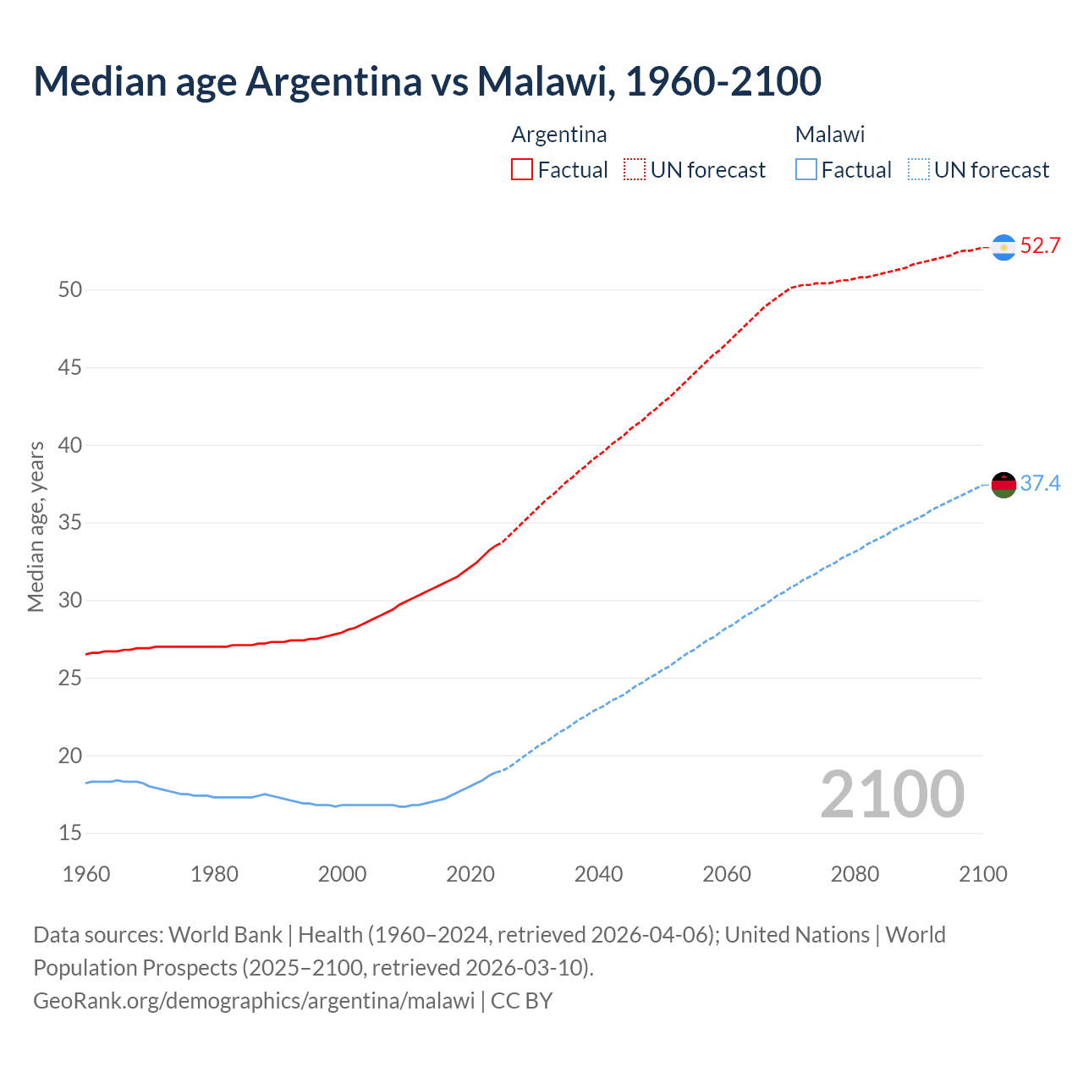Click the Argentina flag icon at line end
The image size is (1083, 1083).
(x=1003, y=247)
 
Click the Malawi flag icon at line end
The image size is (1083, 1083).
(x=1003, y=485)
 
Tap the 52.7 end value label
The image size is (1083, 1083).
(x=1040, y=246)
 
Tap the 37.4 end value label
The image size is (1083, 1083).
(x=1040, y=483)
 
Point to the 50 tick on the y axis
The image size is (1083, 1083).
(x=70, y=290)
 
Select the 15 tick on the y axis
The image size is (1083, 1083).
(x=70, y=833)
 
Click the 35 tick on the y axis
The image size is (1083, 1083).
(x=70, y=523)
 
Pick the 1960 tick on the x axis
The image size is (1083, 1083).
(x=86, y=874)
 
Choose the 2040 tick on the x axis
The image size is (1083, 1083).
(x=598, y=874)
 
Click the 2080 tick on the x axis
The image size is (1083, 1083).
(x=855, y=874)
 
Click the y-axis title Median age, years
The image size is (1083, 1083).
(x=36, y=526)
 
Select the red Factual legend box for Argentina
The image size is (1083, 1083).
(x=522, y=170)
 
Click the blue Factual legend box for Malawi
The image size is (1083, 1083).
(x=806, y=170)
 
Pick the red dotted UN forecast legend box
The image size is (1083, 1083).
(x=635, y=170)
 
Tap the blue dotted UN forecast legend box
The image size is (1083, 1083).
(x=919, y=170)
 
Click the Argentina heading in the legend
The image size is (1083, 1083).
(x=559, y=135)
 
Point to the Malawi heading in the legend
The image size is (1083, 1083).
(x=830, y=135)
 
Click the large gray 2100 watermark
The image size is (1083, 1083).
(x=892, y=794)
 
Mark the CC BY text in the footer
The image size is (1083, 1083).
(x=521, y=1001)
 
